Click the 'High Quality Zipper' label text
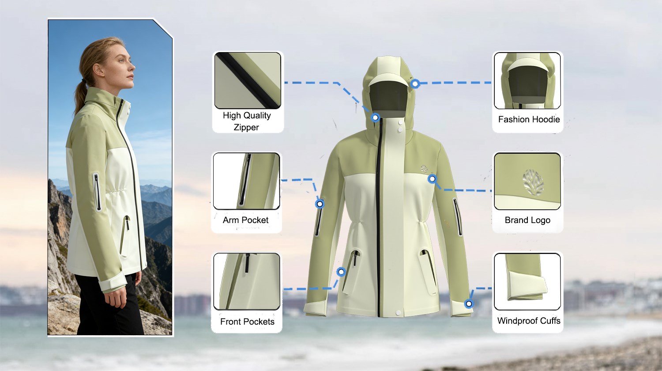pyautogui.click(x=247, y=121)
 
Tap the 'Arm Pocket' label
pyautogui.click(x=245, y=220)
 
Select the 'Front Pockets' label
pyautogui.click(x=247, y=322)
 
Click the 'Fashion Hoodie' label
pyautogui.click(x=529, y=119)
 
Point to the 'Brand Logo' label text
pyautogui.click(x=527, y=220)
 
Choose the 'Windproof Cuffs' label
pyautogui.click(x=529, y=321)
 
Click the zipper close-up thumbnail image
pyautogui.click(x=248, y=80)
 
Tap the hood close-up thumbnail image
pyautogui.click(x=527, y=80)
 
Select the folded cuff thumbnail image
pyautogui.click(x=527, y=282)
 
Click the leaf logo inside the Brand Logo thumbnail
pyautogui.click(x=533, y=182)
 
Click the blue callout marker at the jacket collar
pyautogui.click(x=375, y=117)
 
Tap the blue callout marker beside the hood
pyautogui.click(x=415, y=84)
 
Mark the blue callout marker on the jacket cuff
pyautogui.click(x=469, y=303)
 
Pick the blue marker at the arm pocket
pyautogui.click(x=320, y=204)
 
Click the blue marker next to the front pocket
pyautogui.click(x=341, y=272)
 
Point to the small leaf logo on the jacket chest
pyautogui.click(x=425, y=169)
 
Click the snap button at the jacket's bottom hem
pyautogui.click(x=398, y=312)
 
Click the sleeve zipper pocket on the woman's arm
pyautogui.click(x=97, y=192)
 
